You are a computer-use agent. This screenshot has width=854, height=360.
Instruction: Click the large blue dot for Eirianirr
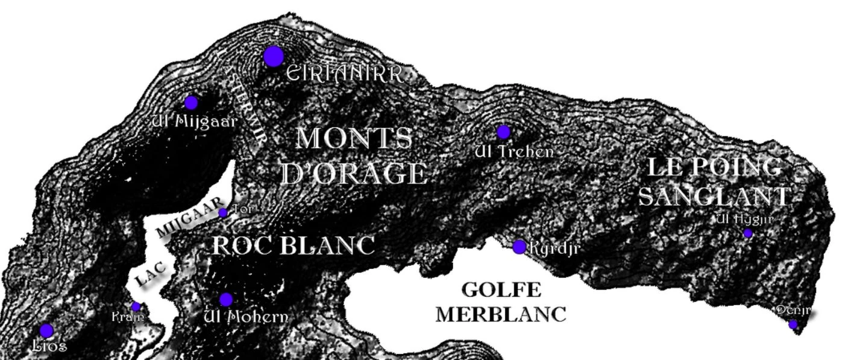click(x=274, y=57)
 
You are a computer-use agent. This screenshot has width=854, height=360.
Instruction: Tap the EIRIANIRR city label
click(x=344, y=74)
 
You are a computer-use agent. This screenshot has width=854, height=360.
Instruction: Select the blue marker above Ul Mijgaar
click(x=191, y=103)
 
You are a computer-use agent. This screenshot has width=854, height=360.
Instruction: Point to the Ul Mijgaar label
click(x=195, y=121)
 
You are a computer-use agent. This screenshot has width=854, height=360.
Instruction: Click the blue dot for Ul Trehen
click(x=503, y=131)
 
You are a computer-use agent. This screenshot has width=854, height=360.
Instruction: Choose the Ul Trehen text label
click(x=514, y=151)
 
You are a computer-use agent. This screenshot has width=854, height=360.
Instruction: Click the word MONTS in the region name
click(x=354, y=139)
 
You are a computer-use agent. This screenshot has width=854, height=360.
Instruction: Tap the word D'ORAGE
click(x=354, y=174)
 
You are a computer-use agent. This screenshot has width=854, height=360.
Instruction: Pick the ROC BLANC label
click(x=293, y=245)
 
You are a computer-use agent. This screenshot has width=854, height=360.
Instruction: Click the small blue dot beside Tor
click(x=223, y=212)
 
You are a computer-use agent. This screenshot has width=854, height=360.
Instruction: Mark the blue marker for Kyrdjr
click(x=520, y=247)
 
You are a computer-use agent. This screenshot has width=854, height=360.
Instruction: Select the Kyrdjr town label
click(x=554, y=248)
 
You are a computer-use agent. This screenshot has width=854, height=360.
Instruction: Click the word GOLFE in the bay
click(x=501, y=290)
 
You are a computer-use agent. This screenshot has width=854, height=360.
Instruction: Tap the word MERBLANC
click(x=501, y=315)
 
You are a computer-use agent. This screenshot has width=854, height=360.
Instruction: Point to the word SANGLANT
click(x=715, y=196)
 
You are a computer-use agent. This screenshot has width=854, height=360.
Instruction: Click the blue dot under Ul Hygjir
click(x=748, y=233)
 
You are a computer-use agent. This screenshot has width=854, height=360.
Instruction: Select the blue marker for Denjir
click(x=793, y=324)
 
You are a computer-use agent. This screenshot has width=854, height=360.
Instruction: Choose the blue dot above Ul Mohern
click(x=226, y=300)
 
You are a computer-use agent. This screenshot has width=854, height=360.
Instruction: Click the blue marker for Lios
click(x=46, y=330)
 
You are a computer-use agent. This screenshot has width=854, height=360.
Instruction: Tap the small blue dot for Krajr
click(x=136, y=306)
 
